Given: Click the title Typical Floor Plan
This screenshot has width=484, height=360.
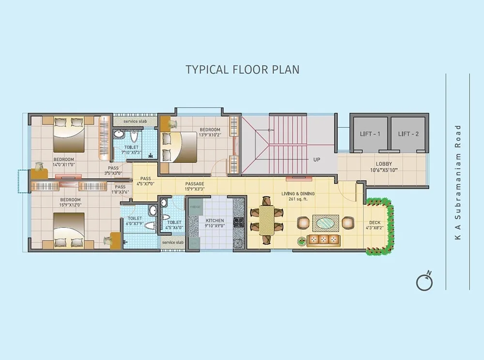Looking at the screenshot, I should (242, 69).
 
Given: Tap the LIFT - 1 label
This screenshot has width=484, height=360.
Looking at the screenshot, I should (369, 134).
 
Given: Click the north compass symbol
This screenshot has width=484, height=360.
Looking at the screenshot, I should (424, 282).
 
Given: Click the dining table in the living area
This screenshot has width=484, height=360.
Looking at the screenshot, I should (266, 219).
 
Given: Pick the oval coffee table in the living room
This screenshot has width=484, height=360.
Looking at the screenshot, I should (324, 223).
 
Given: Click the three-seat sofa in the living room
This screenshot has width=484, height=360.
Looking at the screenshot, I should (323, 240).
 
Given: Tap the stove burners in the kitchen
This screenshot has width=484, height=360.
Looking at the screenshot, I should (239, 223).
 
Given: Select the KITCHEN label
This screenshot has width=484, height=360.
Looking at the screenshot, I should (215, 221).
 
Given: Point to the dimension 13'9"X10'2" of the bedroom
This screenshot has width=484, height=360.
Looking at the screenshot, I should (211, 135).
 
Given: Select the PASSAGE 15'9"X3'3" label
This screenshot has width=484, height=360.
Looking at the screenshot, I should (195, 187).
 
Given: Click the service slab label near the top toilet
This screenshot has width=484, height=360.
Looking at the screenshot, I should (135, 121).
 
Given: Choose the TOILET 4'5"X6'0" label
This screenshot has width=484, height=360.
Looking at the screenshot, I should (174, 225).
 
